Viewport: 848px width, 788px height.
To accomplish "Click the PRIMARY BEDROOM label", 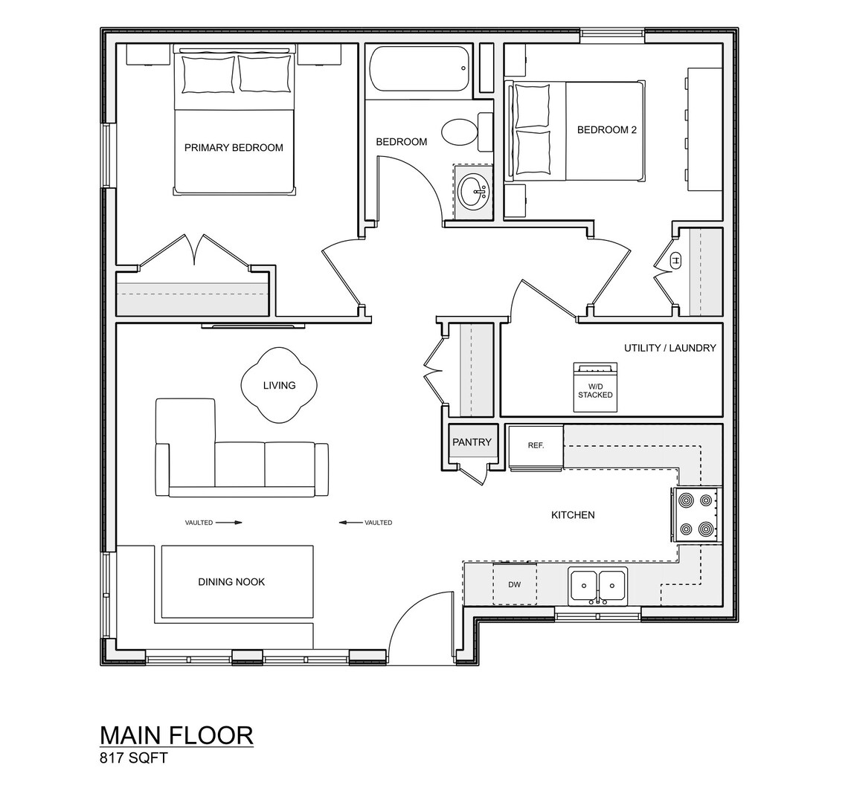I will pos(234,147).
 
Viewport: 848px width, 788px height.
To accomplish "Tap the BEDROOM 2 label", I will pos(606,129).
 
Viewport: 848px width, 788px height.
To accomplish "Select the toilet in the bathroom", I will pos(460,132).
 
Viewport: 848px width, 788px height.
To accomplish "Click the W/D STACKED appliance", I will pos(595,387).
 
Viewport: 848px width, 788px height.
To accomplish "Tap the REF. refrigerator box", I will pos(536,446).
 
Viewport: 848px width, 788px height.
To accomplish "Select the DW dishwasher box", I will pos(515,584).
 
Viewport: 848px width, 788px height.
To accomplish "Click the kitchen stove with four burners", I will pos(696,513).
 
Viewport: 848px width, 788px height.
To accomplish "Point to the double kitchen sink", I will pos(598,586).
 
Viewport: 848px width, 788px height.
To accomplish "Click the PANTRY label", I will pos(472,442).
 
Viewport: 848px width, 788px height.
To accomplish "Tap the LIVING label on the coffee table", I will pos(279,385).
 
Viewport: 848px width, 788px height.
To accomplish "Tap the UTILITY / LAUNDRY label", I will pos(669,347).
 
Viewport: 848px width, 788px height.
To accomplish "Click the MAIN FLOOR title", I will pos(176,734).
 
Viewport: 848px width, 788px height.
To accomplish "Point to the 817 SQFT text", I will pos(134,758).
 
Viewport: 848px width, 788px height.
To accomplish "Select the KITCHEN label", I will pos(572,514).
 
